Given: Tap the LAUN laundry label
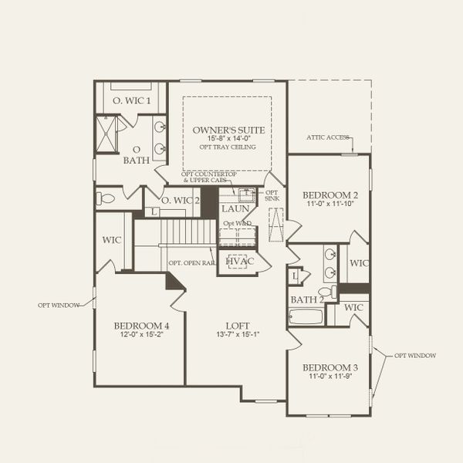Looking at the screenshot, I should tap(234, 209).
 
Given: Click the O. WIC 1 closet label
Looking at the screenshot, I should tap(131, 100).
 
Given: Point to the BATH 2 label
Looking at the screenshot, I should tap(306, 299).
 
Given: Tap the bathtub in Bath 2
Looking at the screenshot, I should tap(305, 316).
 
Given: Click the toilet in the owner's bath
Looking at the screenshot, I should tap(106, 198).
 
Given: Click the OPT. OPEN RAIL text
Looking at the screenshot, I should tap(191, 263).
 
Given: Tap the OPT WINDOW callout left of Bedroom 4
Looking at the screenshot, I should tap(59, 305).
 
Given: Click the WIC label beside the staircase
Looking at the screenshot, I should tap(112, 239).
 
